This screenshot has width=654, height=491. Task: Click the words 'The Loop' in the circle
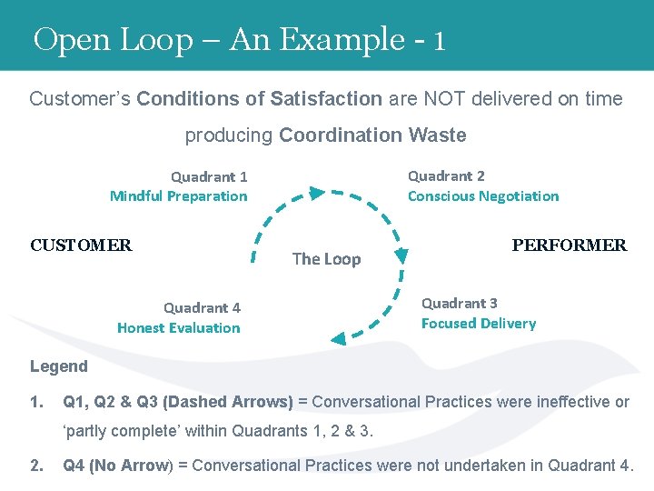click(326, 259)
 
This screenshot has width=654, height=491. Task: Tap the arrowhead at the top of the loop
click(314, 193)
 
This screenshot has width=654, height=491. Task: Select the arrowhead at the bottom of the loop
click(338, 338)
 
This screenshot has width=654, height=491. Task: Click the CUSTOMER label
click(81, 245)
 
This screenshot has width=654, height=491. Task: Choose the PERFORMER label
click(570, 245)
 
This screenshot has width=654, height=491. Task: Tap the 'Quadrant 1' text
click(209, 176)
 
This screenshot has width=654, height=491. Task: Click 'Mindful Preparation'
click(178, 195)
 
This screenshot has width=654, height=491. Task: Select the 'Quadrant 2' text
click(446, 175)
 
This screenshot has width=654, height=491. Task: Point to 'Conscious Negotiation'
click(483, 195)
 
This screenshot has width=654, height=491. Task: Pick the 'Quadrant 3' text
click(460, 303)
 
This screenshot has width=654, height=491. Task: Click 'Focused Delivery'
click(479, 323)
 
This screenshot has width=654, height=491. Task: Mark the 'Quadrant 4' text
click(202, 307)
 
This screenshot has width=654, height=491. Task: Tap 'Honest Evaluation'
click(179, 327)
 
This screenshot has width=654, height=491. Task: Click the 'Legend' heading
click(59, 366)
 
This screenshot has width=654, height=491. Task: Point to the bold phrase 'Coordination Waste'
click(372, 135)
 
